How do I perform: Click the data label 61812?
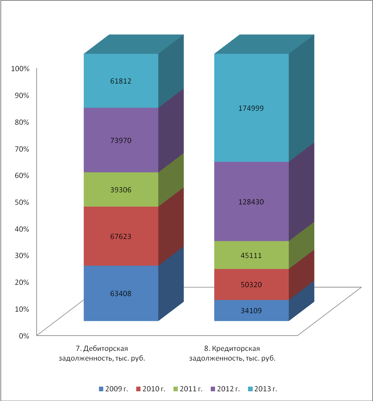pos(121,81)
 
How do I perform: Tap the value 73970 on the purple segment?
pos(121,140)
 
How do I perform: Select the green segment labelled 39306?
pos(121,190)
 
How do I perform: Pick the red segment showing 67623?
pos(121,236)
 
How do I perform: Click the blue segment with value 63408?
pos(121,293)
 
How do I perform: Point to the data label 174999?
pos(251,109)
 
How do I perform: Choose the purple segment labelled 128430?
pos(251,202)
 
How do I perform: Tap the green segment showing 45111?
pos(251,255)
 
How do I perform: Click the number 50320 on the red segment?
pos(251,284)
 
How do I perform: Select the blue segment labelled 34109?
pos(251,310)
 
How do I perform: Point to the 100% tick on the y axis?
pos(21,69)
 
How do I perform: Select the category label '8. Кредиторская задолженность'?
pos(232,353)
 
